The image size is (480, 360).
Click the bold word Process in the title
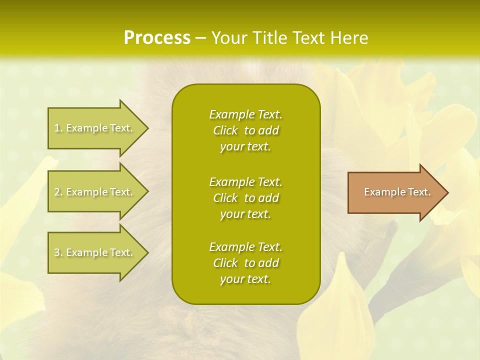[157, 38]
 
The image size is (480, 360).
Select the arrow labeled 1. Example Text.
[95, 128]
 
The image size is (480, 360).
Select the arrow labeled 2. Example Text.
[95, 192]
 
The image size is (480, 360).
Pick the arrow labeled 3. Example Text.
[95, 252]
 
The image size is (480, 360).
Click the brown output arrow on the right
[395, 192]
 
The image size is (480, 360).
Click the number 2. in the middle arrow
[58, 192]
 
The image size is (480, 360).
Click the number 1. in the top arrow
[58, 128]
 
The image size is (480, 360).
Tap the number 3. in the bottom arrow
[58, 252]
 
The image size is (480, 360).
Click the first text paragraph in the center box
[245, 130]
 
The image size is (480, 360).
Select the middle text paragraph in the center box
[245, 198]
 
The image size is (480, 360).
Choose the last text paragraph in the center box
[245, 263]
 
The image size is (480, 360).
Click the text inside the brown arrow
[397, 192]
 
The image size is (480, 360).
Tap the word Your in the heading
[227, 38]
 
